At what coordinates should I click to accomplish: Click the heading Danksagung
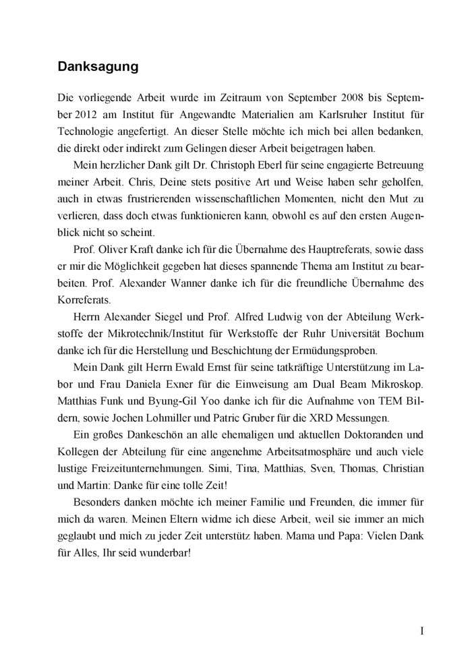[x=98, y=67]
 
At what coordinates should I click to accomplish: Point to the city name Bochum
[x=402, y=332]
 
